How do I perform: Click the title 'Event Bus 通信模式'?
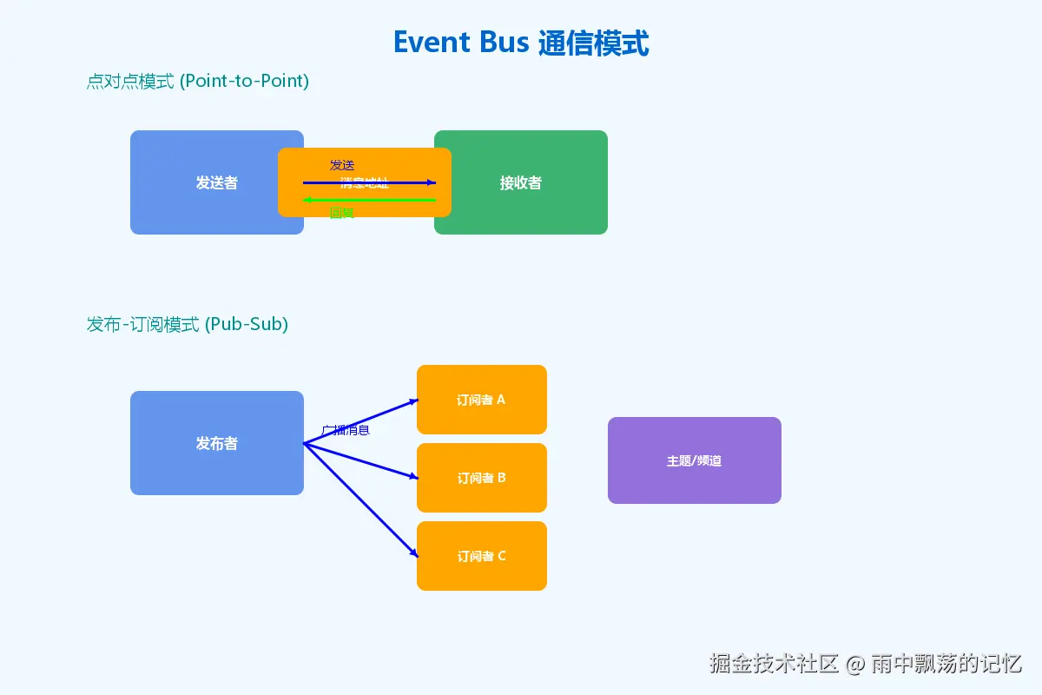tap(521, 43)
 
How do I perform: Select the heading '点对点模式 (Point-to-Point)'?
tap(198, 82)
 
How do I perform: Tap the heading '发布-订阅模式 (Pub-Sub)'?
tap(188, 325)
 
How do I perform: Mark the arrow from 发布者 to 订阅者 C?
tap(360, 500)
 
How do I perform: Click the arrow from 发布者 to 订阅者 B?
tap(360, 460)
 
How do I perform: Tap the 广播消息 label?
tap(346, 430)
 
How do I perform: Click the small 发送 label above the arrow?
tap(342, 165)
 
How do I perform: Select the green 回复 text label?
tap(342, 213)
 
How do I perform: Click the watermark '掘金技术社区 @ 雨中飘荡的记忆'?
tap(866, 664)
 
